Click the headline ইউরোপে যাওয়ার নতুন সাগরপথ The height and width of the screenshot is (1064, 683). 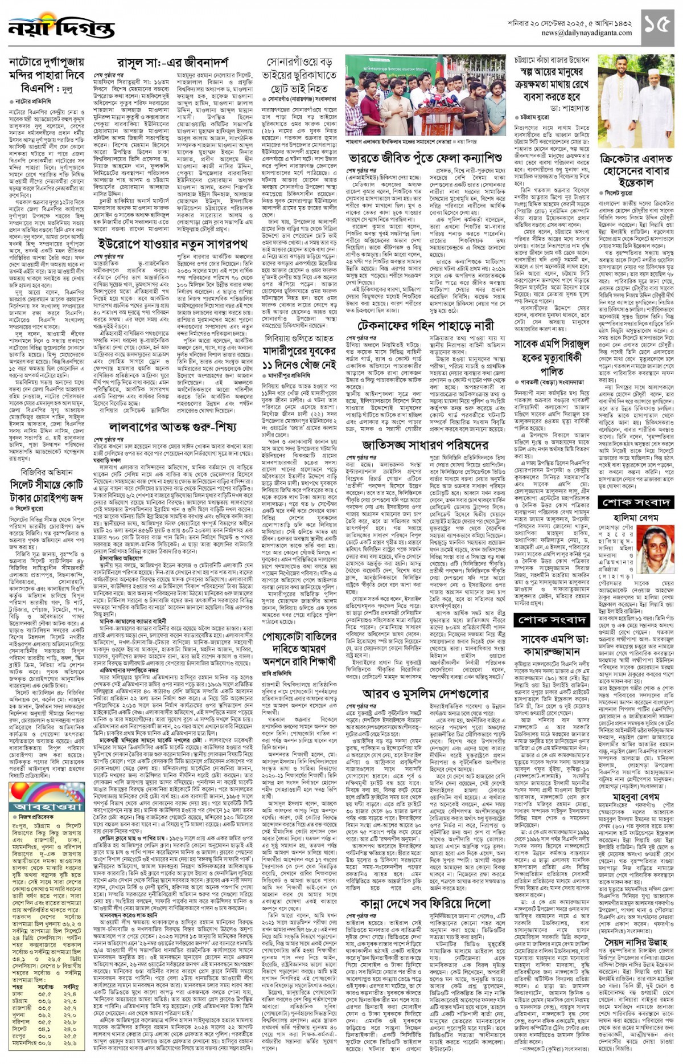click(x=172, y=244)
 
